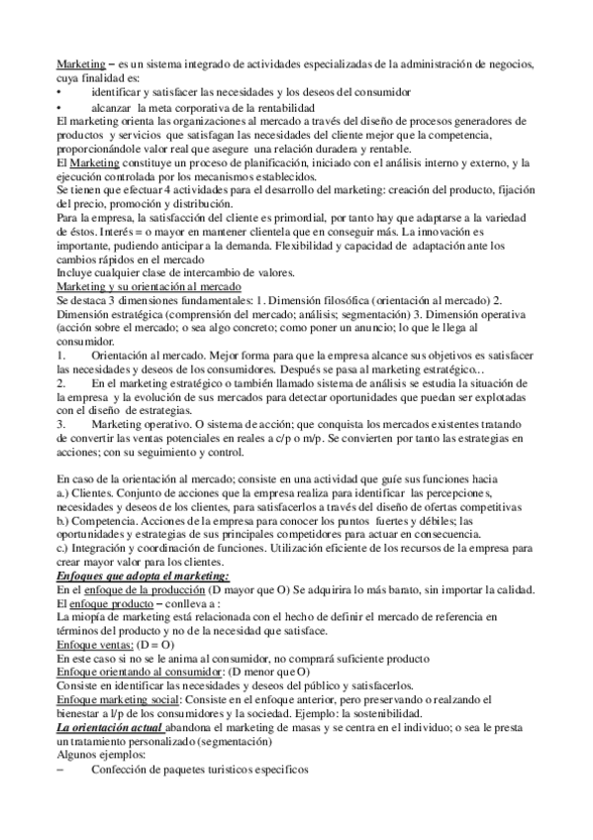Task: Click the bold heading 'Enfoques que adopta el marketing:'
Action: [143, 575]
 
